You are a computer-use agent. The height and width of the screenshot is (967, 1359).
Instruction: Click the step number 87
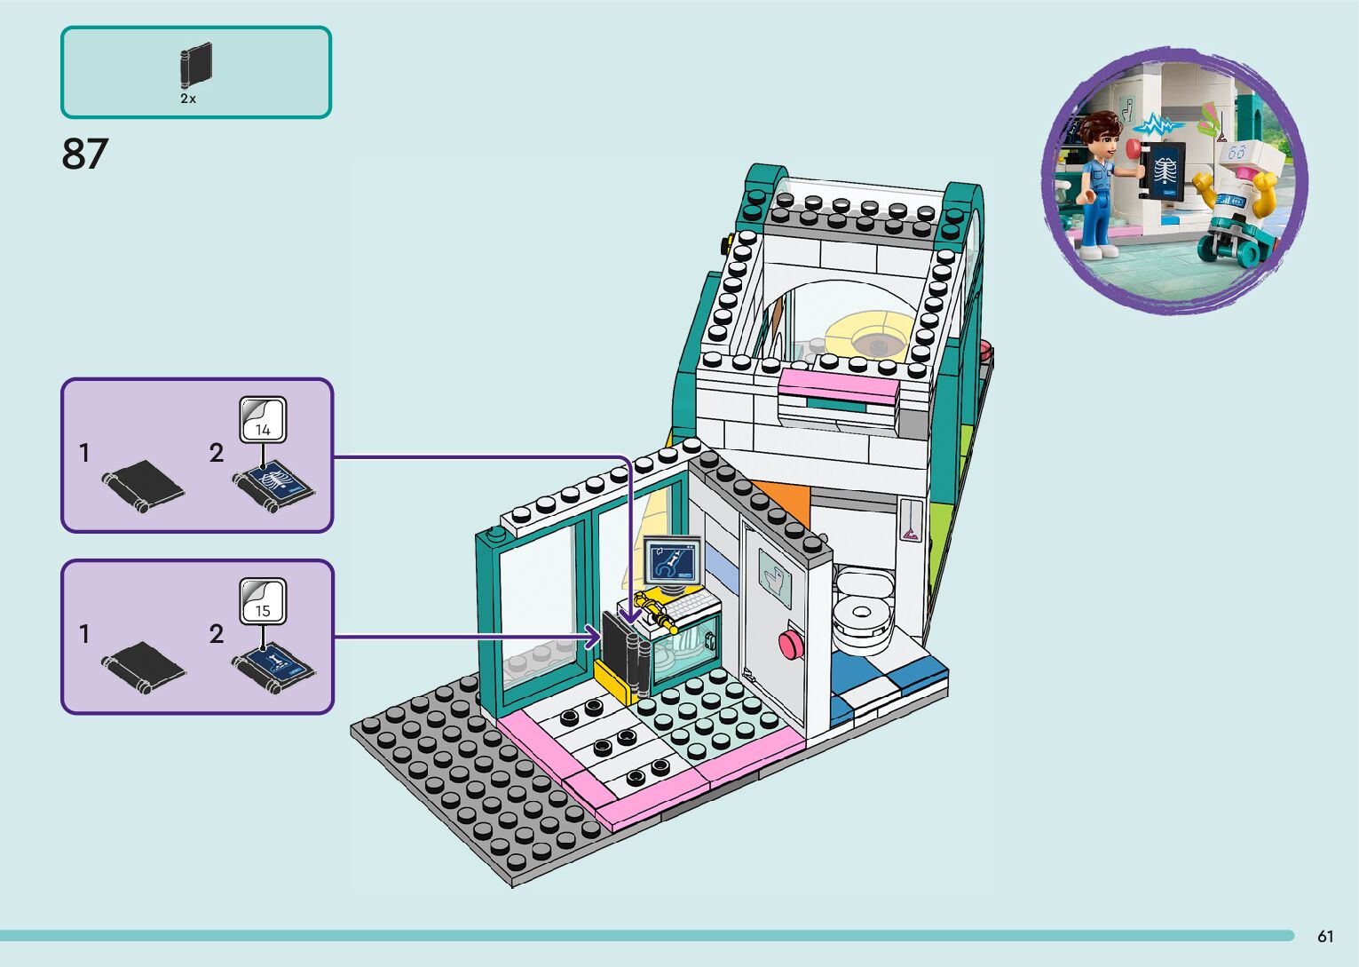pos(84,154)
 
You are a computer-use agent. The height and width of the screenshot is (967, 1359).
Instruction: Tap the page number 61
pos(1325,936)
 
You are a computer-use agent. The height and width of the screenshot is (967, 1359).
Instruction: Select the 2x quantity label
pos(188,99)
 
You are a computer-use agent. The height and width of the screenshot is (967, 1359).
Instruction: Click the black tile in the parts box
pos(196,65)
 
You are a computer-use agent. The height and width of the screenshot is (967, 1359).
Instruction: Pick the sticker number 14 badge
pos(263,420)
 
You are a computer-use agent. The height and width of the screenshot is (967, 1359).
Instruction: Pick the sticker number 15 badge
pos(263,601)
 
